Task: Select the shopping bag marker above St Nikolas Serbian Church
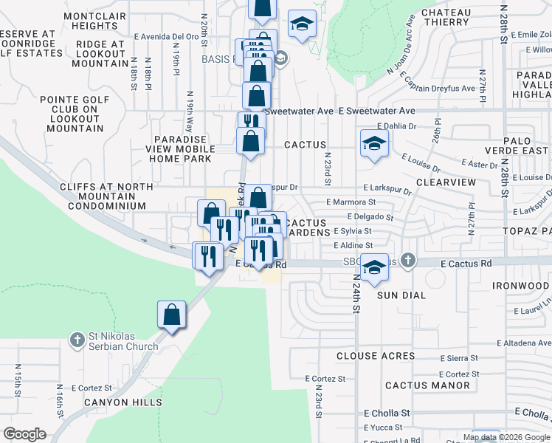[x=171, y=315]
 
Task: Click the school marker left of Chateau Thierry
[x=302, y=24]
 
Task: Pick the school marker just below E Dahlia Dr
[x=374, y=144]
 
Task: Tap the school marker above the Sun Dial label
[x=374, y=268]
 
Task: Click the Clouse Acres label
[x=376, y=356]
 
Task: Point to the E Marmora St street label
[x=351, y=202]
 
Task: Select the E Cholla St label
[x=387, y=413]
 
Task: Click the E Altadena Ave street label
[x=524, y=343]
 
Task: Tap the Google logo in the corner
[x=25, y=433]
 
